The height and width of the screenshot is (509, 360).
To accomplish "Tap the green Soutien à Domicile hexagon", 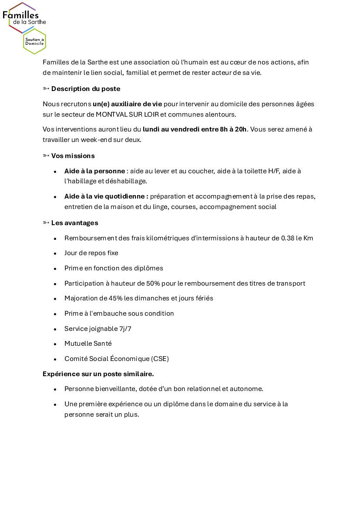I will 34,42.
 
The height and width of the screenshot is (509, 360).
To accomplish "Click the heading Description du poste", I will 86,89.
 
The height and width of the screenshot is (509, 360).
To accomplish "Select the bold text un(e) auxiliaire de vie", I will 127,104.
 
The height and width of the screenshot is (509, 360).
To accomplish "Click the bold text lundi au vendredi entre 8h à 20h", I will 195,129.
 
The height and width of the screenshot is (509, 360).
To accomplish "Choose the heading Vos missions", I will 73,156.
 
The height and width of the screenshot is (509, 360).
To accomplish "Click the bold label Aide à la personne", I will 94,171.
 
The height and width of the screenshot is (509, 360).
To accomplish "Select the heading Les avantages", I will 74,223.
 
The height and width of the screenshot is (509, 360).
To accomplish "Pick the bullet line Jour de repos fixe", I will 91,253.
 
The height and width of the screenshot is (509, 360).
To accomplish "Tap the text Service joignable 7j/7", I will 98,329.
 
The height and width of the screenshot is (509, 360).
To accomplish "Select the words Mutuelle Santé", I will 88,344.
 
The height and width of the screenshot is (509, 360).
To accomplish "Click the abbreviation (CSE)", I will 160,359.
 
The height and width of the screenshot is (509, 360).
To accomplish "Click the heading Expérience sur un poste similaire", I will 98,374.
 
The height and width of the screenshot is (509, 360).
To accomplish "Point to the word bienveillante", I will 113,389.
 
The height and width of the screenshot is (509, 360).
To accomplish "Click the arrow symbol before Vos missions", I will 46,156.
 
